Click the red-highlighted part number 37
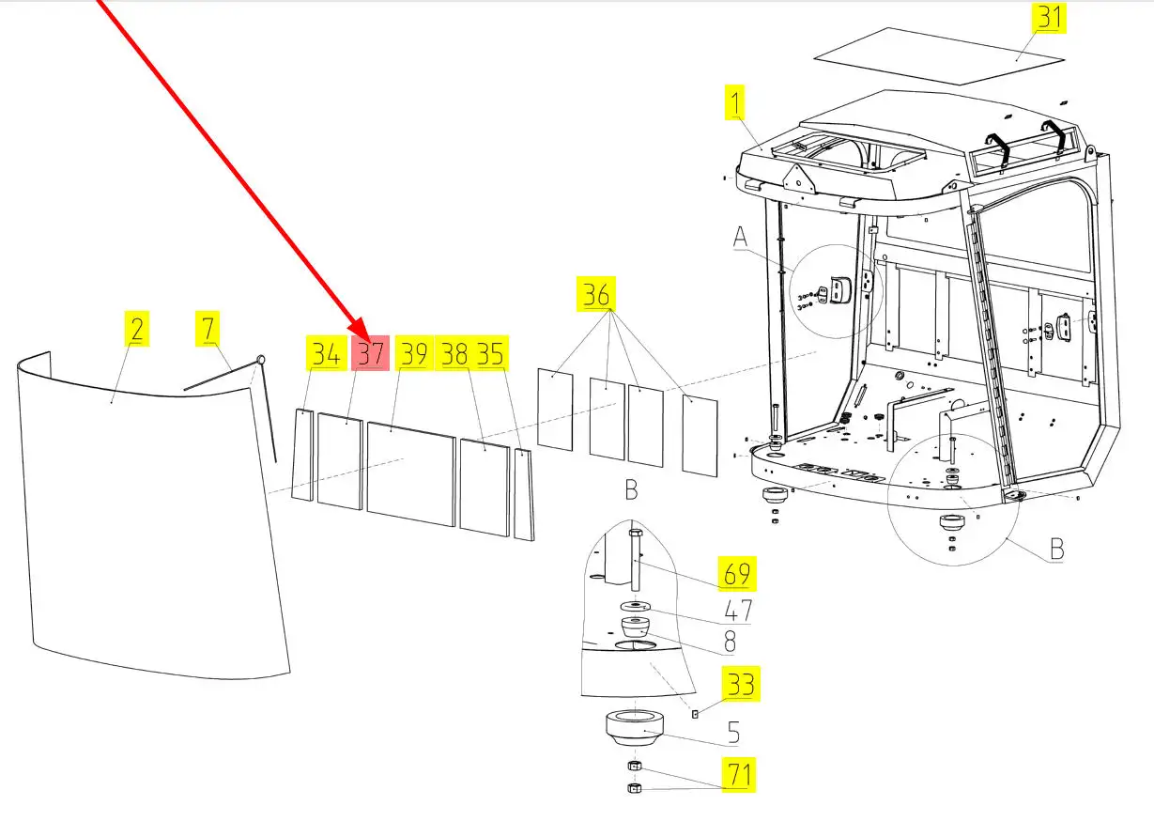click(x=370, y=353)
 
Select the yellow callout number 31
click(x=1049, y=18)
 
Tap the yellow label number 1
click(x=734, y=102)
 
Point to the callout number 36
click(x=596, y=294)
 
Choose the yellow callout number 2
click(x=137, y=328)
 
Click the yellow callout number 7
click(x=208, y=328)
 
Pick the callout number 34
click(x=327, y=353)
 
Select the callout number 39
click(x=414, y=353)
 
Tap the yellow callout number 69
click(x=737, y=574)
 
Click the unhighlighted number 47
click(x=738, y=611)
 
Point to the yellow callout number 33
click(x=741, y=684)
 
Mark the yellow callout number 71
click(x=738, y=775)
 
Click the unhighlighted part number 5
click(x=733, y=732)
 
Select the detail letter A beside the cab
click(x=740, y=238)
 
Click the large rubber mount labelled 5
click(x=634, y=728)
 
